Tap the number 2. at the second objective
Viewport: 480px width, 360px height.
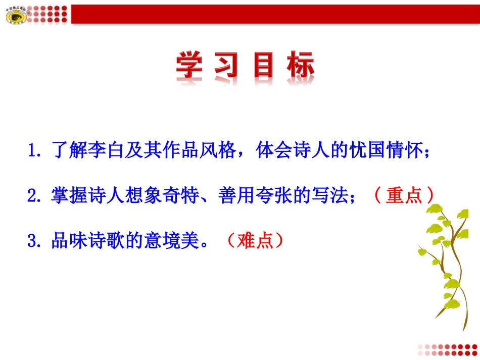coord(36,195)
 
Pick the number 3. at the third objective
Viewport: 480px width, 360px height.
coord(36,241)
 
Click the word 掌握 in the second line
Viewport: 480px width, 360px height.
coord(69,195)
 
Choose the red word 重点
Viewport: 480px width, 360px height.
coord(404,195)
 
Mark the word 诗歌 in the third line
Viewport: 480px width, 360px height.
coord(104,241)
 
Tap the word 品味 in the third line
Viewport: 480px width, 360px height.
coord(69,241)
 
